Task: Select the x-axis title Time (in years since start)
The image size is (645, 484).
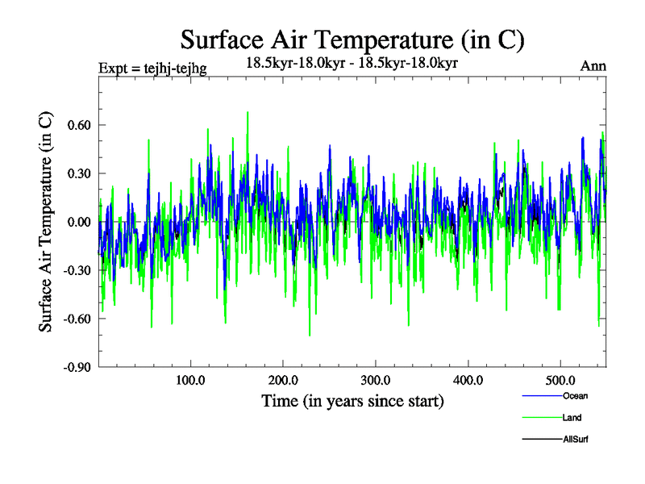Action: (x=352, y=401)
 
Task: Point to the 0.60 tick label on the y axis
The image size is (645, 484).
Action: (x=78, y=125)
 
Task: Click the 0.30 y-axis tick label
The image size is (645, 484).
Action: (x=78, y=173)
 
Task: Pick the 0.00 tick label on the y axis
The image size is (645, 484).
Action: (x=78, y=222)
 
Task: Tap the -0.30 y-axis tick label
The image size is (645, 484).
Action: (x=77, y=270)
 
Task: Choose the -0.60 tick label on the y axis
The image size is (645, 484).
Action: (x=77, y=319)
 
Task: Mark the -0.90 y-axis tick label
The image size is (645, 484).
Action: (x=77, y=367)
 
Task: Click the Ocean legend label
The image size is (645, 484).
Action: (x=576, y=396)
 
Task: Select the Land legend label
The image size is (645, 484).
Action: (x=572, y=418)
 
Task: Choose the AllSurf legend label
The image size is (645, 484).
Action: (x=576, y=440)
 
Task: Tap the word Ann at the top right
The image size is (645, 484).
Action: (x=593, y=67)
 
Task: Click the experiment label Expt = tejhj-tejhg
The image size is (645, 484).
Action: (x=152, y=69)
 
